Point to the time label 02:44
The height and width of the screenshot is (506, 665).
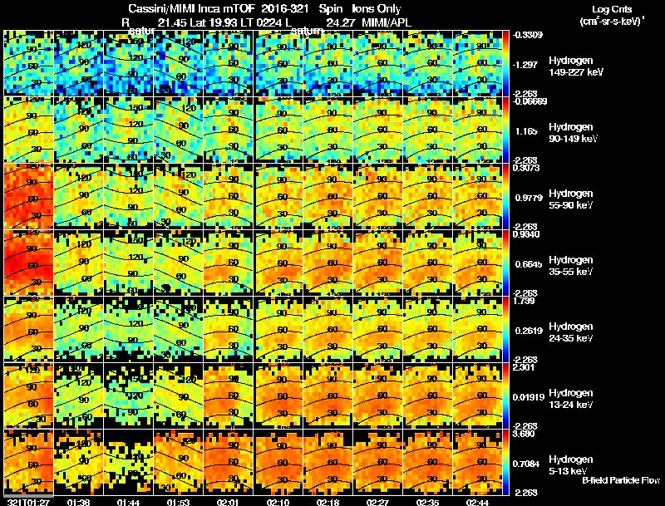pos(477,501)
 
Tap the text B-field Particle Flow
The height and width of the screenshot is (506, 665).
pos(620,481)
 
